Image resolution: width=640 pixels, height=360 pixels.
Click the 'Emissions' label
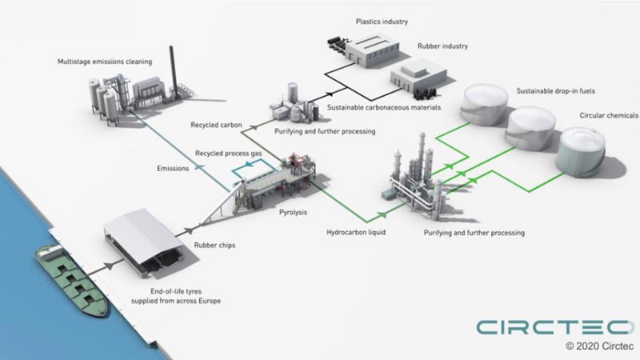tap(173, 169)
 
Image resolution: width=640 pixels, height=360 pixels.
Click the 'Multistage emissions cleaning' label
tap(105, 61)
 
